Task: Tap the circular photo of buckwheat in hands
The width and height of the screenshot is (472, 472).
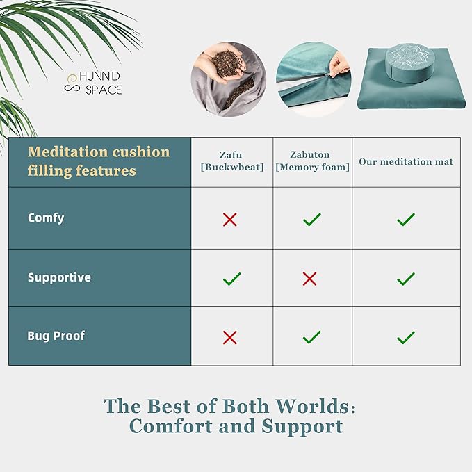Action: click(229, 79)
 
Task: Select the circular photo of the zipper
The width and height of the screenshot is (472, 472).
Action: click(313, 79)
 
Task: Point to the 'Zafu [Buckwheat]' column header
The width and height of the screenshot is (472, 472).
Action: click(231, 161)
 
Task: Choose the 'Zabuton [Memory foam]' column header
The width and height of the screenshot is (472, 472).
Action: click(312, 161)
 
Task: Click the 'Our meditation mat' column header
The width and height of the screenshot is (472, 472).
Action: click(406, 162)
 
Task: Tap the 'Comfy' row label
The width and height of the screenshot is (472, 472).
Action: click(46, 218)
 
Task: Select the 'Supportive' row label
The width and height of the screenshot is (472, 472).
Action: click(59, 278)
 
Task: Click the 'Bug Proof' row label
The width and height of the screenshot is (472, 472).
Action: click(56, 336)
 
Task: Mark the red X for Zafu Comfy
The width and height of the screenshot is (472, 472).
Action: click(230, 220)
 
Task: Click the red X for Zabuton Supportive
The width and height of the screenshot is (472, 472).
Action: click(310, 279)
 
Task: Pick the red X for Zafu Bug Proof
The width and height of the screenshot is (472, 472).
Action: click(230, 337)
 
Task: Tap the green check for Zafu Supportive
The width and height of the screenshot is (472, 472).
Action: click(231, 279)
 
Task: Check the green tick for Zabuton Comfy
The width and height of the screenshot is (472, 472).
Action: click(312, 220)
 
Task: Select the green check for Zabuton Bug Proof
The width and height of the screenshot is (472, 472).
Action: click(312, 337)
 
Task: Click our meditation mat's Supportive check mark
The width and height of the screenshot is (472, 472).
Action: click(406, 279)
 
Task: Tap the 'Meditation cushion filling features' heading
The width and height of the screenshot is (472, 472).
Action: click(99, 161)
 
